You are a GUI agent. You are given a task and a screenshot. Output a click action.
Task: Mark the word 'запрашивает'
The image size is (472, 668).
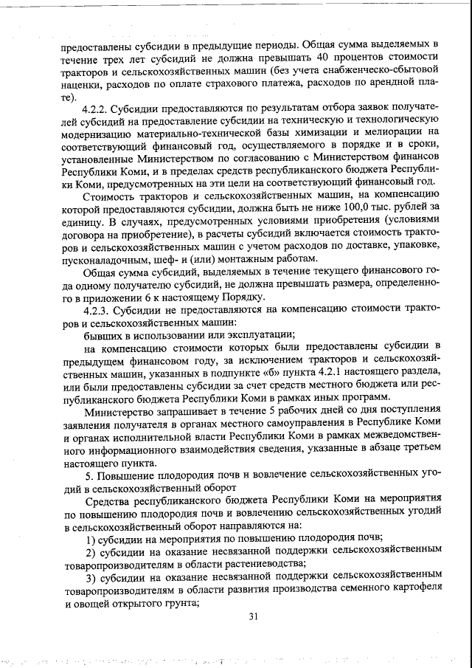(x=175, y=412)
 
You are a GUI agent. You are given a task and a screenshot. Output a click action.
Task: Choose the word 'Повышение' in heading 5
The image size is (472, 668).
(x=126, y=475)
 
